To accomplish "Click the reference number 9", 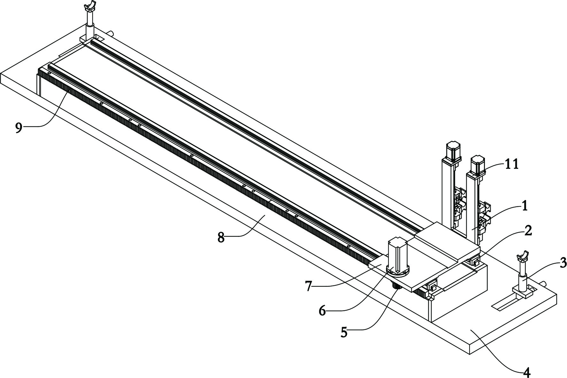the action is pos(19,128).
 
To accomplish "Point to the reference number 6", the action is pos(322,310).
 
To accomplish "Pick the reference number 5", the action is pos(344,333).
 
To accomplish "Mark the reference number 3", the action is pos(563,263).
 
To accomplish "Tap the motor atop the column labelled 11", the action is pos(478,165).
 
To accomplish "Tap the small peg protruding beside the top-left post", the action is pos(111,33).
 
